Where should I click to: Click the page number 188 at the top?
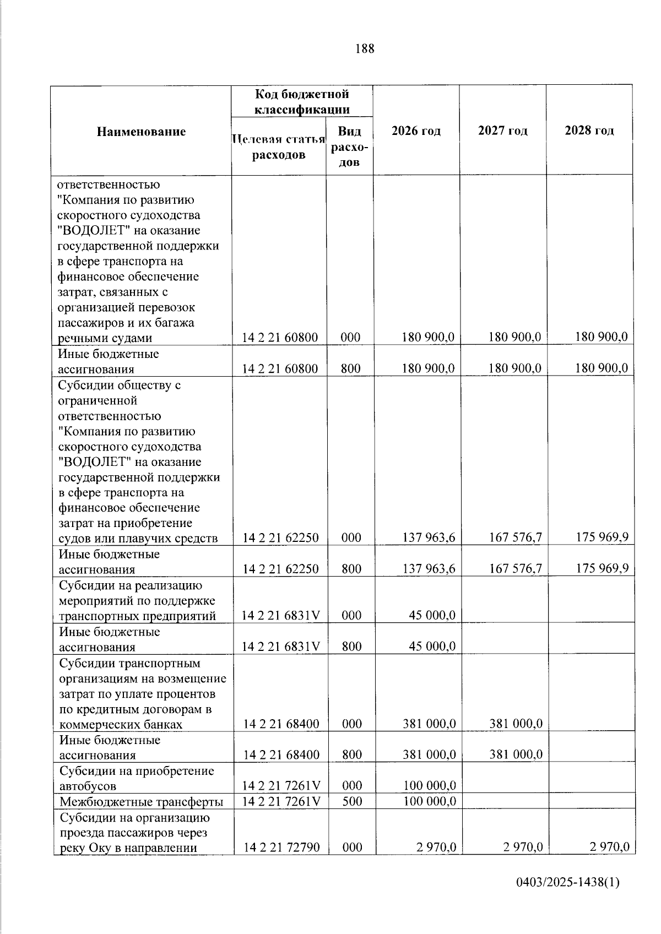[x=365, y=49]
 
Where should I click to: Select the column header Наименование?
[x=141, y=132]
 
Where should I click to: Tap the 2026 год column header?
[x=416, y=131]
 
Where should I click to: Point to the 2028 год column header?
[x=589, y=131]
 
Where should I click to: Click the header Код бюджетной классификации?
[x=301, y=102]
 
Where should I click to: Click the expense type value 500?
[x=351, y=801]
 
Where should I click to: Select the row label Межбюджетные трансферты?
[x=141, y=801]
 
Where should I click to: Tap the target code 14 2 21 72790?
[x=281, y=848]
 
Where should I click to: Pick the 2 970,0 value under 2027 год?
[x=523, y=848]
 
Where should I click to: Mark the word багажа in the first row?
[x=175, y=323]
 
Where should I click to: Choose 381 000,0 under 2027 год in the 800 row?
[x=516, y=755]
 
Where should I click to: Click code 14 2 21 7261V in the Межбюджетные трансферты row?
[x=281, y=801]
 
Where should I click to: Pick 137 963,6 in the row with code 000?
[x=429, y=538]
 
